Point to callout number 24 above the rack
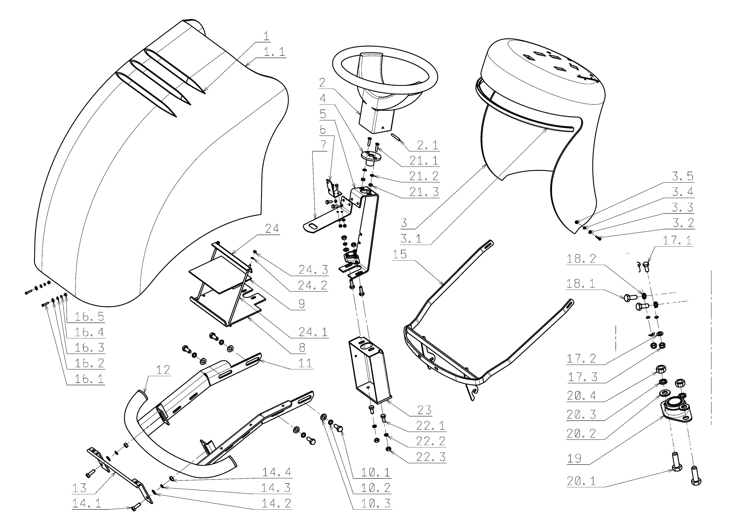pyautogui.click(x=272, y=229)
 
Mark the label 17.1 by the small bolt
pyautogui.click(x=677, y=240)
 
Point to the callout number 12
pyautogui.click(x=163, y=370)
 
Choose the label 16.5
pyautogui.click(x=89, y=317)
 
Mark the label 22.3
pyautogui.click(x=431, y=457)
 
